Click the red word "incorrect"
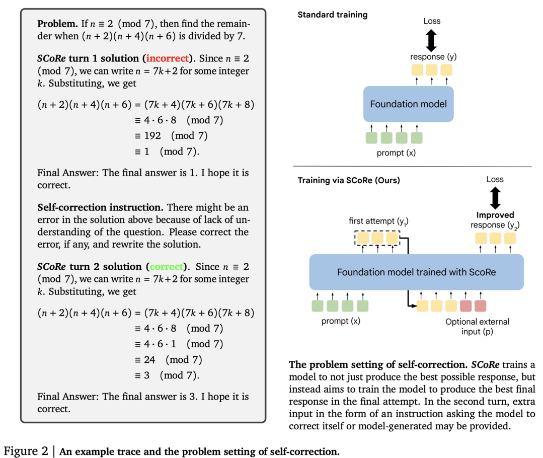168,58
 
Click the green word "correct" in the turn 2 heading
166,266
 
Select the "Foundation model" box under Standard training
408,104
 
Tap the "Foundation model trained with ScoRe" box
416,272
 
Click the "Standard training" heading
333,15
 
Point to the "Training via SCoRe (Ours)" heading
349,180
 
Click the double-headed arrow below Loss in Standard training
431,41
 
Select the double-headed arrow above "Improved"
495,198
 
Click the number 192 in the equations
152,135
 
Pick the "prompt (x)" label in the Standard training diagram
396,153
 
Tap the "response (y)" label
433,56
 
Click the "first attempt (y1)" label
378,221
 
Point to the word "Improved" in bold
495,215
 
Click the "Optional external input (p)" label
477,326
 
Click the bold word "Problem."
57,24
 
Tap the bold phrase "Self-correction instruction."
101,207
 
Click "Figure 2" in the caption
26,451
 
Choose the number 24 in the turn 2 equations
149,360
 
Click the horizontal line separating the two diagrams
413,167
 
